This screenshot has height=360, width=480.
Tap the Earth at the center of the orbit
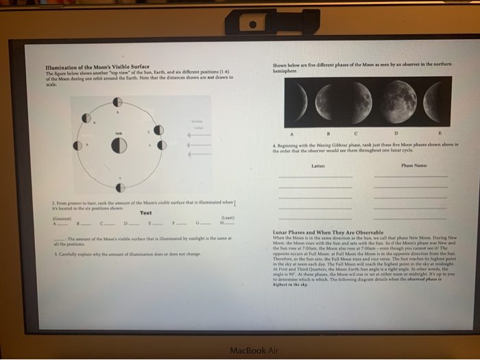click(x=118, y=145)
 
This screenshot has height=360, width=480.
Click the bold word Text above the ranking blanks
click(x=146, y=213)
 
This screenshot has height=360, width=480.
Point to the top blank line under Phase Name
click(x=409, y=177)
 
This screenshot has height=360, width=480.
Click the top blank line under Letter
click(x=316, y=177)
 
